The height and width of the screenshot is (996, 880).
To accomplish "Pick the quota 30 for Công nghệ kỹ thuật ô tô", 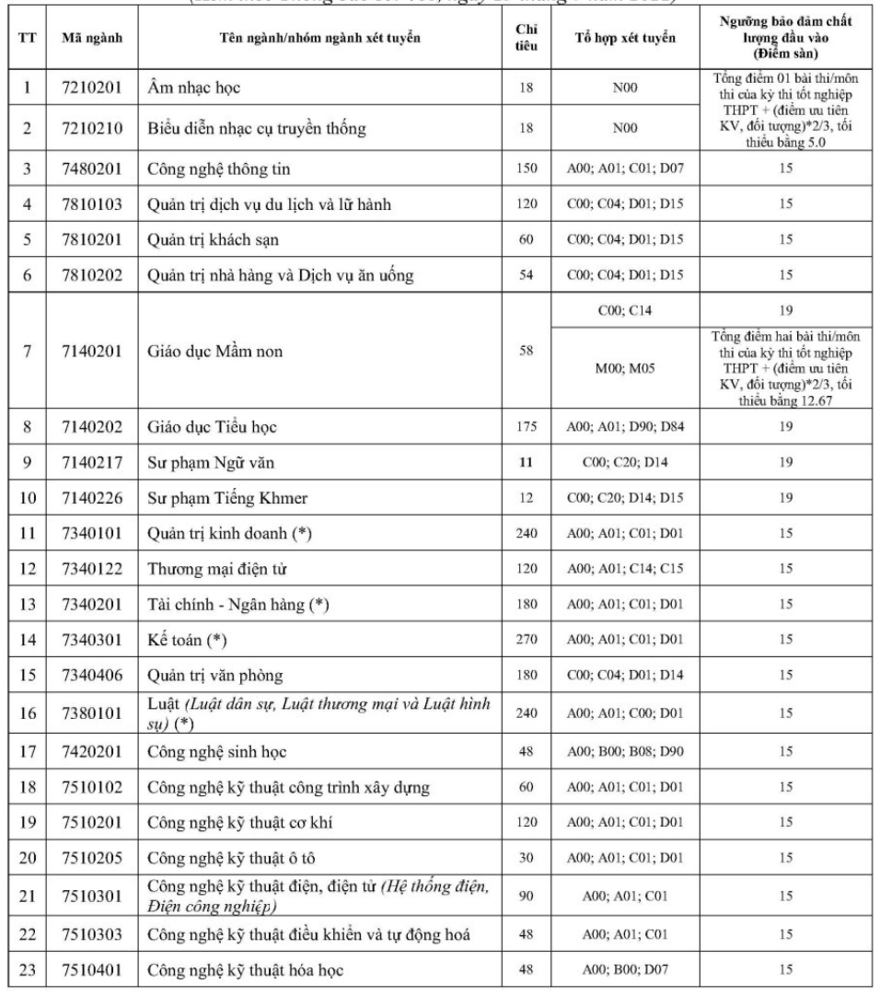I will pyautogui.click(x=521, y=859).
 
